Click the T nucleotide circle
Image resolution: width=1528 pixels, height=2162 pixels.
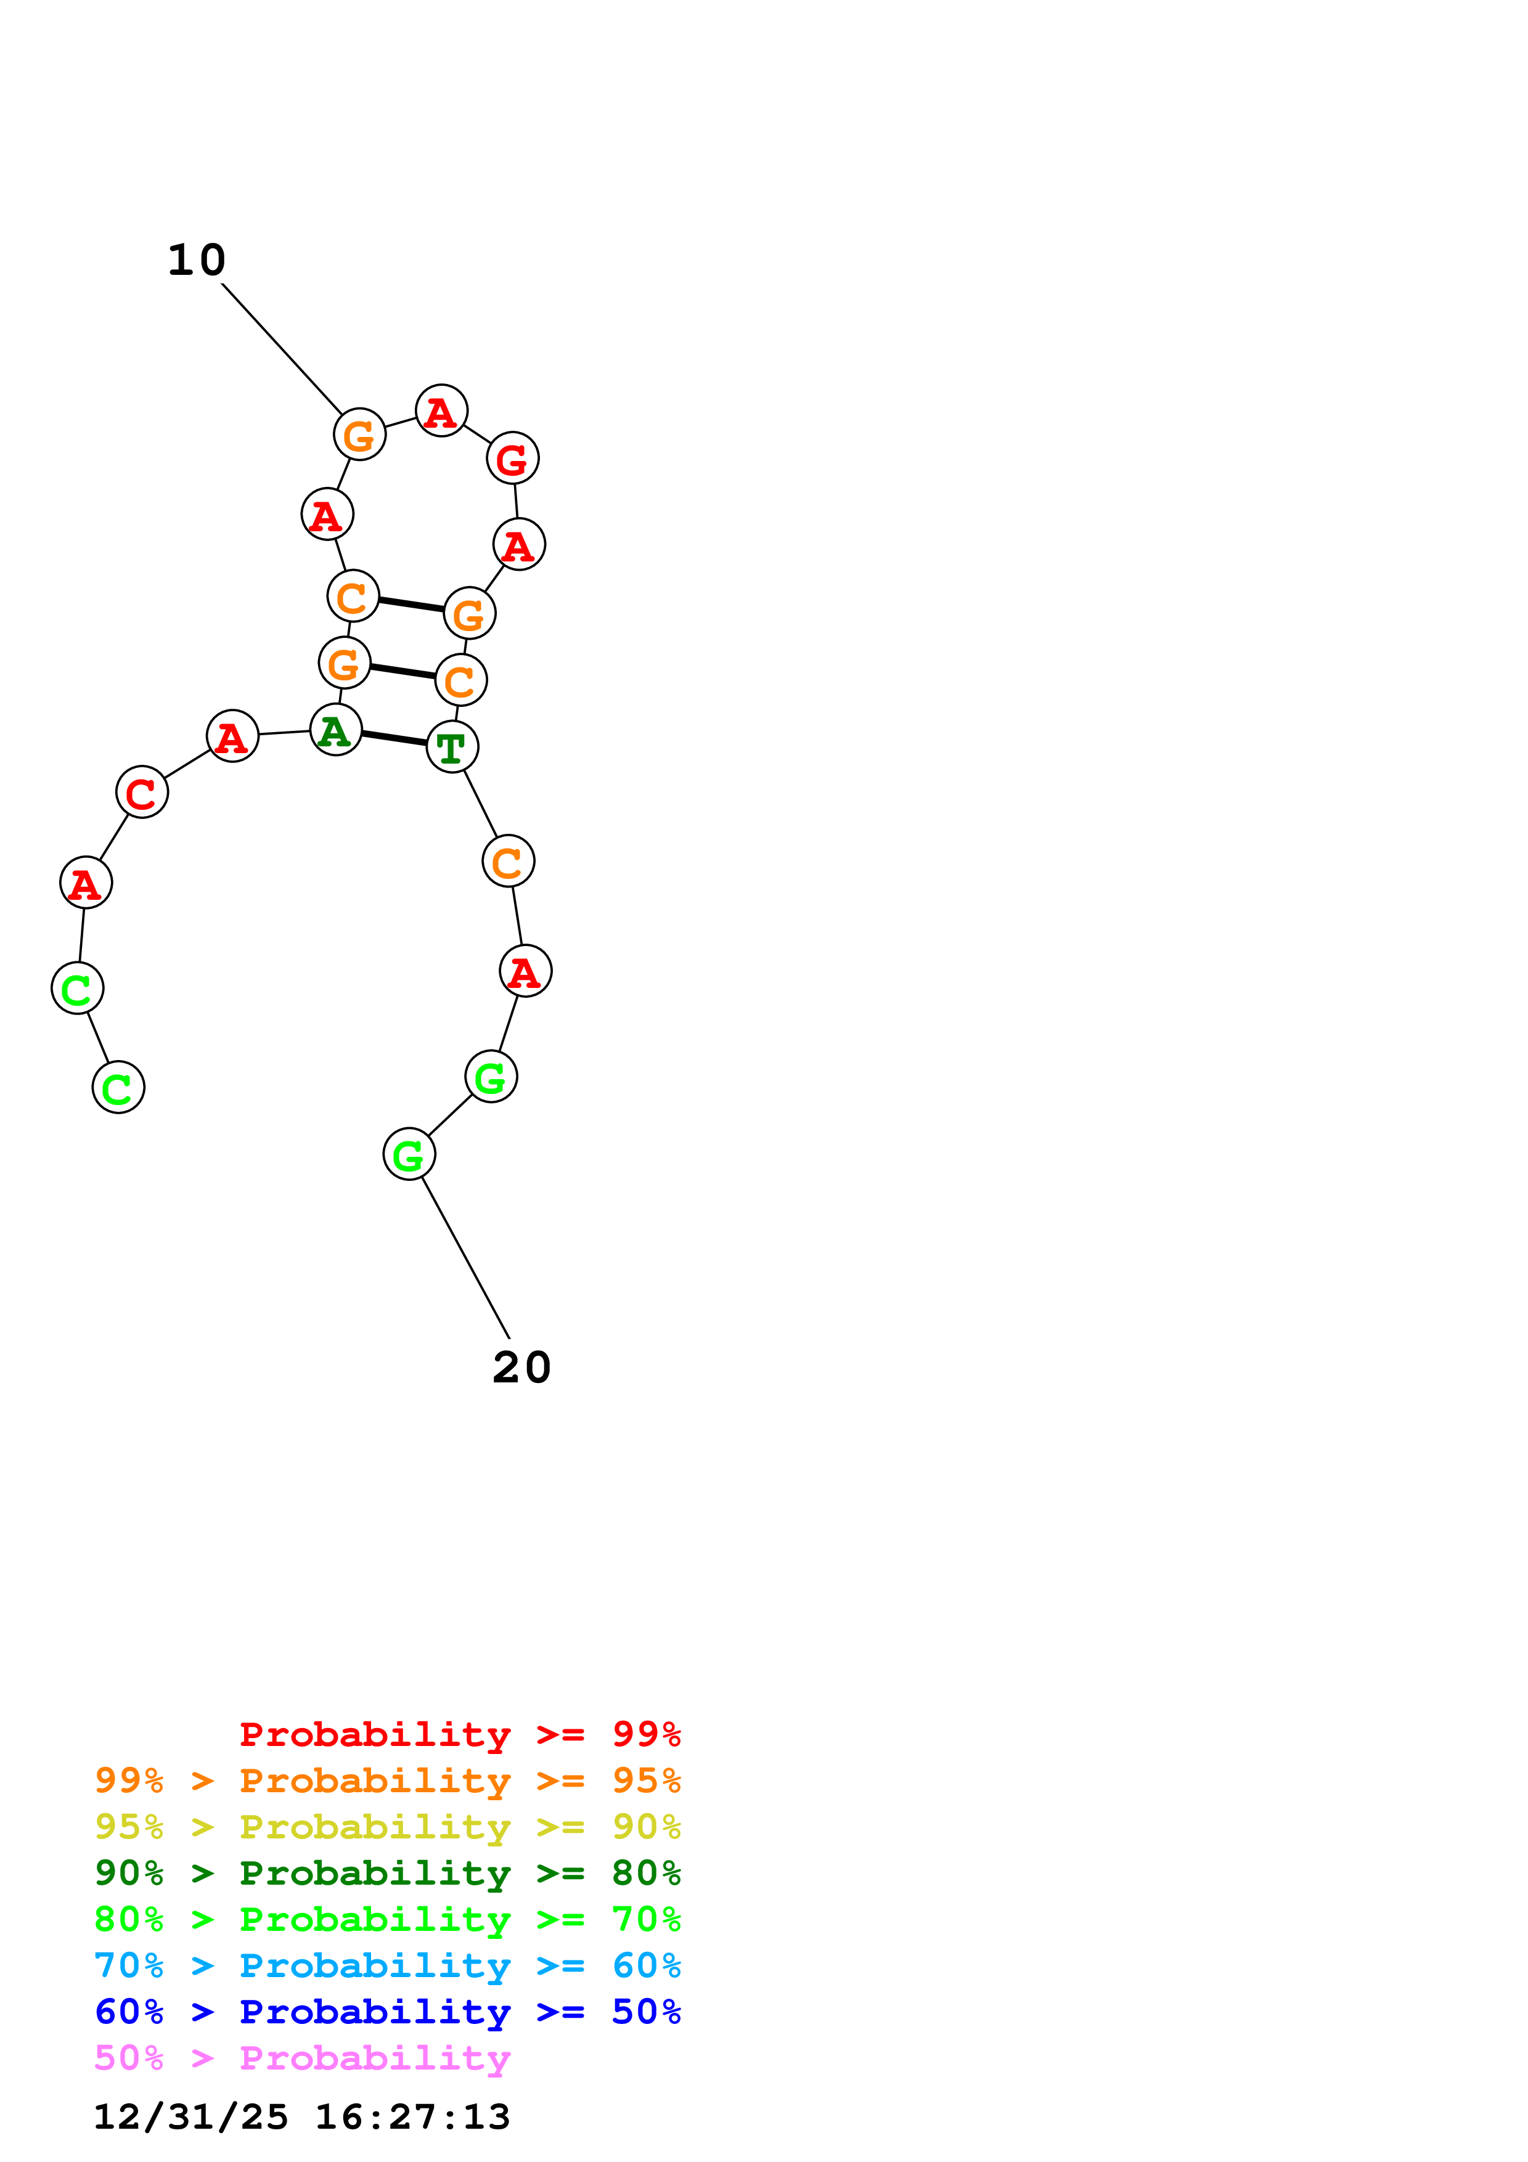452,747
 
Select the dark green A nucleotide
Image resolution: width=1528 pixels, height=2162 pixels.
336,730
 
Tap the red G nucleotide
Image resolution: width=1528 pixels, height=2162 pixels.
512,459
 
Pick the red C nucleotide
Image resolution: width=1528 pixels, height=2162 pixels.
142,792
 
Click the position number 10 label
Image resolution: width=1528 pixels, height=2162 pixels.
197,260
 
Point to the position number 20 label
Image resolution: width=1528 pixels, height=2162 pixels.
521,1367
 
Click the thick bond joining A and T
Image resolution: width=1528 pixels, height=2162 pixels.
393,738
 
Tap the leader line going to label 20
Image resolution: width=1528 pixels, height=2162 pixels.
465,1257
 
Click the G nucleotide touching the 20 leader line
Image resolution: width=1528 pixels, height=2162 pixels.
409,1154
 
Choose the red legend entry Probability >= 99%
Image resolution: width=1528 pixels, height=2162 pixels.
459,1734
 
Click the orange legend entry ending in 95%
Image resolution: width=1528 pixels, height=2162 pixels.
387,1781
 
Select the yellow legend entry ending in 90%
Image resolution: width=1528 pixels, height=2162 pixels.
387,1827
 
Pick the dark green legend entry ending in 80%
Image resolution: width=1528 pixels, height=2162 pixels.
387,1873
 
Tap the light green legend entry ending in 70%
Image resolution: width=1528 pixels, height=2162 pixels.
387,1919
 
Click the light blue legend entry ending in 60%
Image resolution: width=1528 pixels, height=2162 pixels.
387,1965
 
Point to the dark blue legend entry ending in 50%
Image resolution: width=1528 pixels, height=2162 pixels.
387,2012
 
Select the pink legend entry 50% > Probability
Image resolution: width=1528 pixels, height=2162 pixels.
302,2057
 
